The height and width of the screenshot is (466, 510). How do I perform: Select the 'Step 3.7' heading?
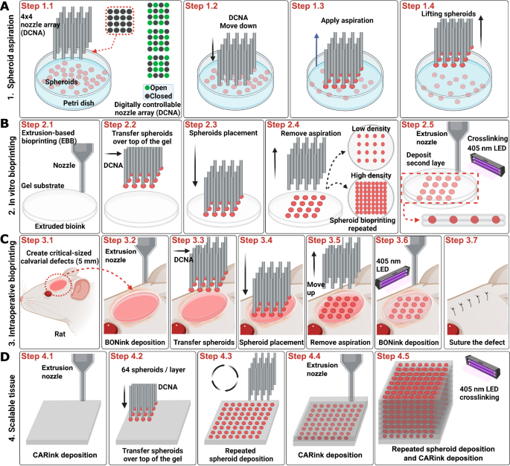464,241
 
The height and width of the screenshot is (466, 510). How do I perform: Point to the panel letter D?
6,357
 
